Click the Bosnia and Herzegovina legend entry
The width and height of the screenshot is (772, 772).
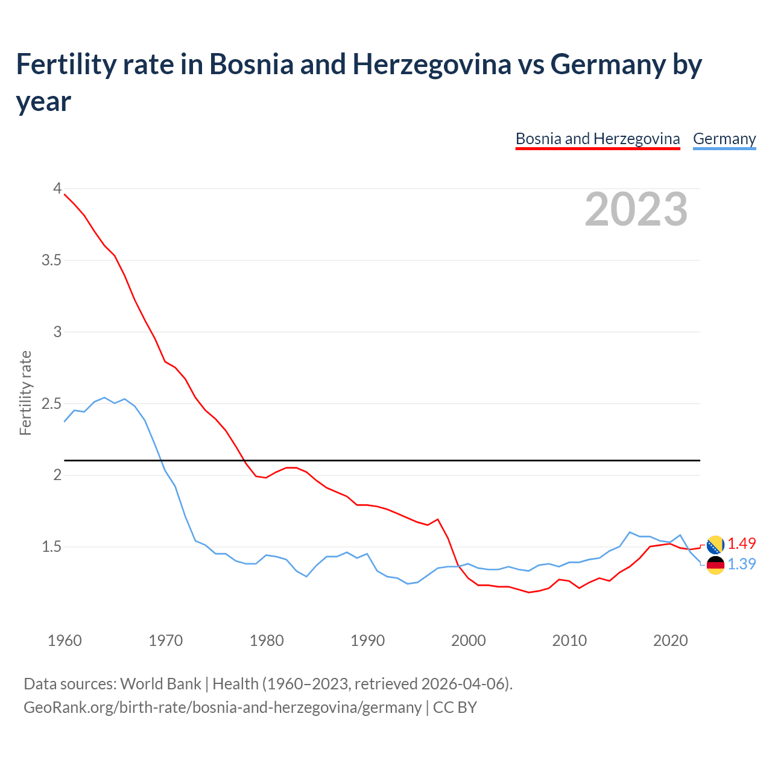coord(598,139)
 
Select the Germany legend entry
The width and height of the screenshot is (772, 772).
coord(724,139)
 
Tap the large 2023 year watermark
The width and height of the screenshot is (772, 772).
coord(636,209)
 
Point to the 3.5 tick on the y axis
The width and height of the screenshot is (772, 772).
coord(51,260)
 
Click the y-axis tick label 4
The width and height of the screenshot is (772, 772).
coord(57,188)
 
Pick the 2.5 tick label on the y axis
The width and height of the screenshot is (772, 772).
coord(51,403)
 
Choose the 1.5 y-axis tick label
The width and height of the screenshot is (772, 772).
coord(51,546)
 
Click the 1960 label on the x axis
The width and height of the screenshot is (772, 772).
coord(65,641)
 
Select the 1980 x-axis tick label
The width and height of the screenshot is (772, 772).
coord(267,641)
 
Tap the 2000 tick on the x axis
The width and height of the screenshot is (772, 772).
coord(469,641)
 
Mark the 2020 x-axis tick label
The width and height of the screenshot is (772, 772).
coord(670,641)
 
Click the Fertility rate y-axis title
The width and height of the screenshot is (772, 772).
coord(25,393)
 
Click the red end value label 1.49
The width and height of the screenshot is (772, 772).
coord(741,543)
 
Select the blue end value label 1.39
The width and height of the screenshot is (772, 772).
coord(741,564)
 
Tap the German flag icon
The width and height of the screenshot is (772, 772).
coord(715,565)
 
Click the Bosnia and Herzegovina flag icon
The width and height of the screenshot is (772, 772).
coord(715,545)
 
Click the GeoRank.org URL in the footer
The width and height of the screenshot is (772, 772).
coord(223,707)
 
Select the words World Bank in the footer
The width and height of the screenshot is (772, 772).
coord(160,683)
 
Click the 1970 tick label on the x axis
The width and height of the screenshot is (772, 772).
coord(165,641)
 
